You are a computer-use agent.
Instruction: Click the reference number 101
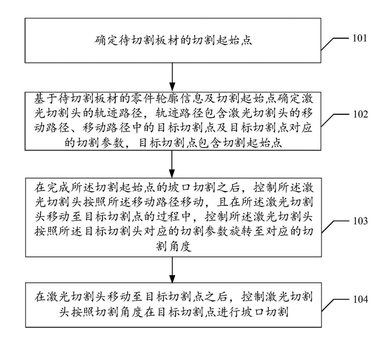tap(359, 38)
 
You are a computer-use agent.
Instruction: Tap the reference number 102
tap(359, 115)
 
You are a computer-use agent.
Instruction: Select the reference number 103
tap(359, 221)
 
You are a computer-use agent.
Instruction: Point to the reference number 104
tap(359, 300)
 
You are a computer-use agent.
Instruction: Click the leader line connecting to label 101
tap(334, 43)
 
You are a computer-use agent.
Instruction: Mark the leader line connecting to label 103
tap(334, 226)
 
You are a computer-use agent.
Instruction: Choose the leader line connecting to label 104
tap(334, 305)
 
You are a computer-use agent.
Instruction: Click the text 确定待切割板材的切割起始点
tap(173, 40)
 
